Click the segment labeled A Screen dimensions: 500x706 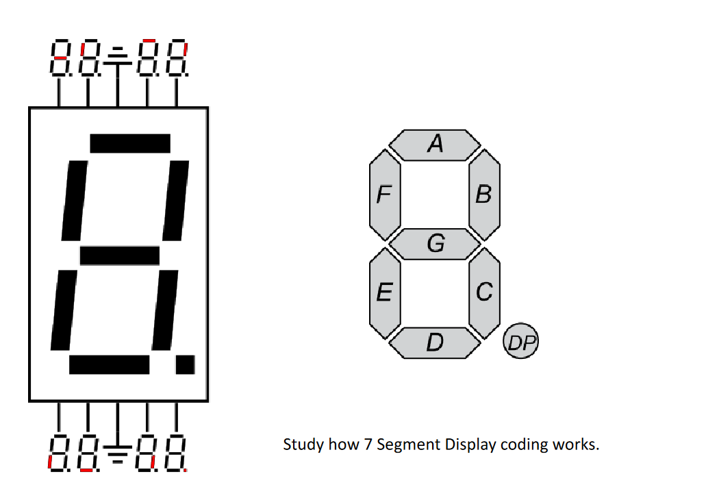click(436, 144)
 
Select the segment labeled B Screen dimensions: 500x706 click(484, 195)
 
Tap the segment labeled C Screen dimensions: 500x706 click(484, 292)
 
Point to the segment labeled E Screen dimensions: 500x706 click(384, 292)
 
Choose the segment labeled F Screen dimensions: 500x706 click(384, 195)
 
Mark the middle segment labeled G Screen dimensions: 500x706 click(436, 243)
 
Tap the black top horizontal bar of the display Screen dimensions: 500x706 click(130, 143)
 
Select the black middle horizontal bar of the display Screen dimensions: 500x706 click(120, 255)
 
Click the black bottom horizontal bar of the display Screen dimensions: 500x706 click(110, 364)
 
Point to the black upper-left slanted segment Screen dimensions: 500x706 click(74, 200)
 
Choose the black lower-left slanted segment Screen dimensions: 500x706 click(63, 310)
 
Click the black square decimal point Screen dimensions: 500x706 click(185, 364)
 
